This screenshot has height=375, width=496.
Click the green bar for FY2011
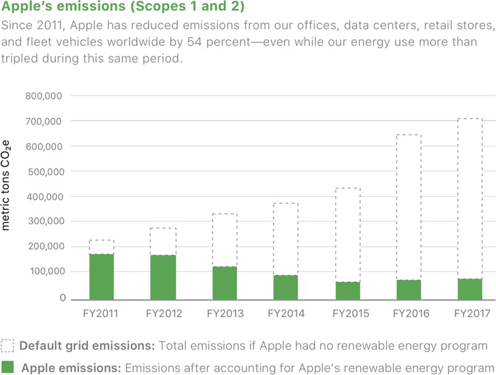(x=101, y=277)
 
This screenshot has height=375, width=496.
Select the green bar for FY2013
(x=225, y=283)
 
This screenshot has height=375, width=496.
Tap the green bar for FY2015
(x=348, y=291)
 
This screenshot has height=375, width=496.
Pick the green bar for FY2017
(x=470, y=289)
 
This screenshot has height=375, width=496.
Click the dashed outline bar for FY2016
(x=409, y=207)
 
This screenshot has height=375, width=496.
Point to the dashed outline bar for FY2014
(x=286, y=239)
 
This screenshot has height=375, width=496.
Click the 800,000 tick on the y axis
(x=43, y=96)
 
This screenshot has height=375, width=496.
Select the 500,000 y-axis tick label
(x=46, y=172)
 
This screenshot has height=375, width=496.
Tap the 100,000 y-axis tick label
(x=47, y=271)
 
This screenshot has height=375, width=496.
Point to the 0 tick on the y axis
(x=63, y=298)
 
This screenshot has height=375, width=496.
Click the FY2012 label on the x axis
(x=164, y=314)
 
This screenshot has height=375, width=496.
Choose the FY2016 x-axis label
(x=411, y=314)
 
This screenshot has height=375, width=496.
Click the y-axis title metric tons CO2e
(x=6, y=185)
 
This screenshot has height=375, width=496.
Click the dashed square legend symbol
(x=7, y=346)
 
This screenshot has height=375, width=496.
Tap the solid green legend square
(x=7, y=367)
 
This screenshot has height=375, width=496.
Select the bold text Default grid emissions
(x=87, y=346)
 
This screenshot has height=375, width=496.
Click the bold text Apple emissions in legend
(x=71, y=368)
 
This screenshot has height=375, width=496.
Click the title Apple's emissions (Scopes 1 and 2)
(x=123, y=6)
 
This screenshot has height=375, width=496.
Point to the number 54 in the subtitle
(x=194, y=42)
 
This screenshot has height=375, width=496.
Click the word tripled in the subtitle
(x=20, y=58)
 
